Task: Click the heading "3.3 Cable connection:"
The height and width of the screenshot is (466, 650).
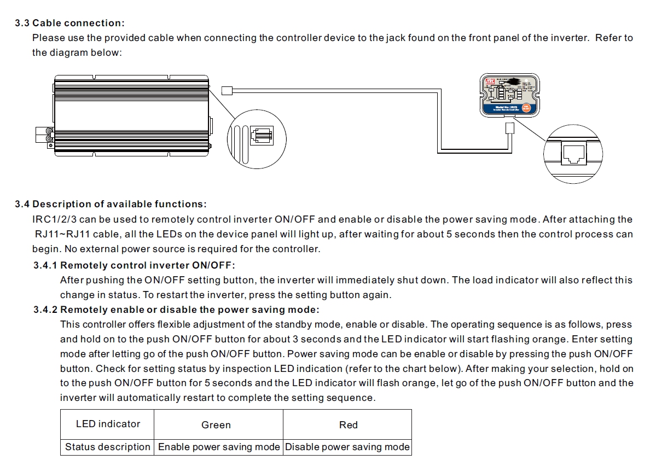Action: [70, 23]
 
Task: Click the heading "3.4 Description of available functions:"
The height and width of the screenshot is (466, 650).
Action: [111, 204]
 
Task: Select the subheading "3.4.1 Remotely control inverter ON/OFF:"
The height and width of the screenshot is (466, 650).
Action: [134, 265]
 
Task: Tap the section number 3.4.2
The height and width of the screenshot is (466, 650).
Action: [45, 310]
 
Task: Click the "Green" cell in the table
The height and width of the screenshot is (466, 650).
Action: [216, 425]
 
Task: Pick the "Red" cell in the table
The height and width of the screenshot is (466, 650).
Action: [349, 425]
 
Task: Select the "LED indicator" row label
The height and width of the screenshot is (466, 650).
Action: [108, 424]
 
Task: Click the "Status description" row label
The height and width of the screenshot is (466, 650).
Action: [107, 447]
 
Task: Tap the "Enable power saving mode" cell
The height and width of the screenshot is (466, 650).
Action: [219, 447]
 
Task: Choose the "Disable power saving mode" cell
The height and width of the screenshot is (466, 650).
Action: [347, 447]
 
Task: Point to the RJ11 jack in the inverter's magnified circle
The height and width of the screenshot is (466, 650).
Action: [261, 135]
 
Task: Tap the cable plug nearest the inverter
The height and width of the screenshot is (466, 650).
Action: [227, 91]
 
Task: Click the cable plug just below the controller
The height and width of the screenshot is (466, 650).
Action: [510, 129]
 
